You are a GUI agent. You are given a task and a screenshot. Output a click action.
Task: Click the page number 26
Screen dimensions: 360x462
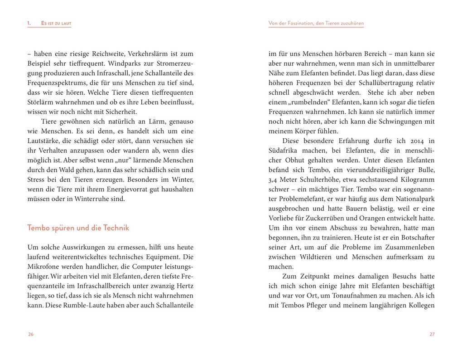coord(30,335)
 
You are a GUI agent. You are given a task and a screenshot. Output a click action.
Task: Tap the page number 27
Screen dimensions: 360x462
coord(432,335)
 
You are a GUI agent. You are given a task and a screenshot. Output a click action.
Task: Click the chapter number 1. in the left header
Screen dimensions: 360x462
coord(29,23)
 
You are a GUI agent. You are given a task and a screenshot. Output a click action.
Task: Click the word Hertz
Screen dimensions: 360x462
coord(183,286)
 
